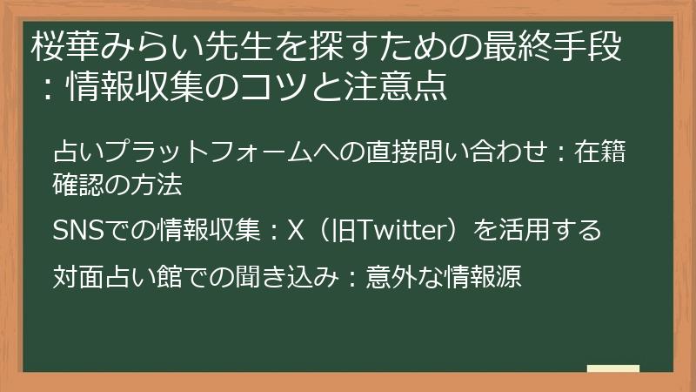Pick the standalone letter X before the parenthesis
point(295,231)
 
